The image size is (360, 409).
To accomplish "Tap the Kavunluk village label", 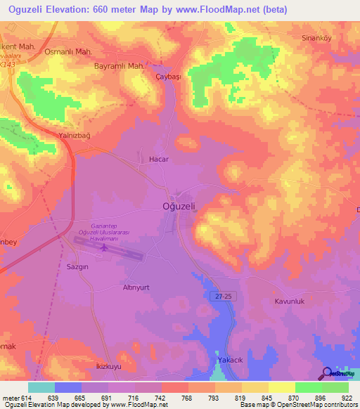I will tap(289, 301).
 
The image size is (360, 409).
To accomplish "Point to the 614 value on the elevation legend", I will tap(27, 398).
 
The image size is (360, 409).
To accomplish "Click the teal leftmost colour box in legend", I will tap(41, 387).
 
